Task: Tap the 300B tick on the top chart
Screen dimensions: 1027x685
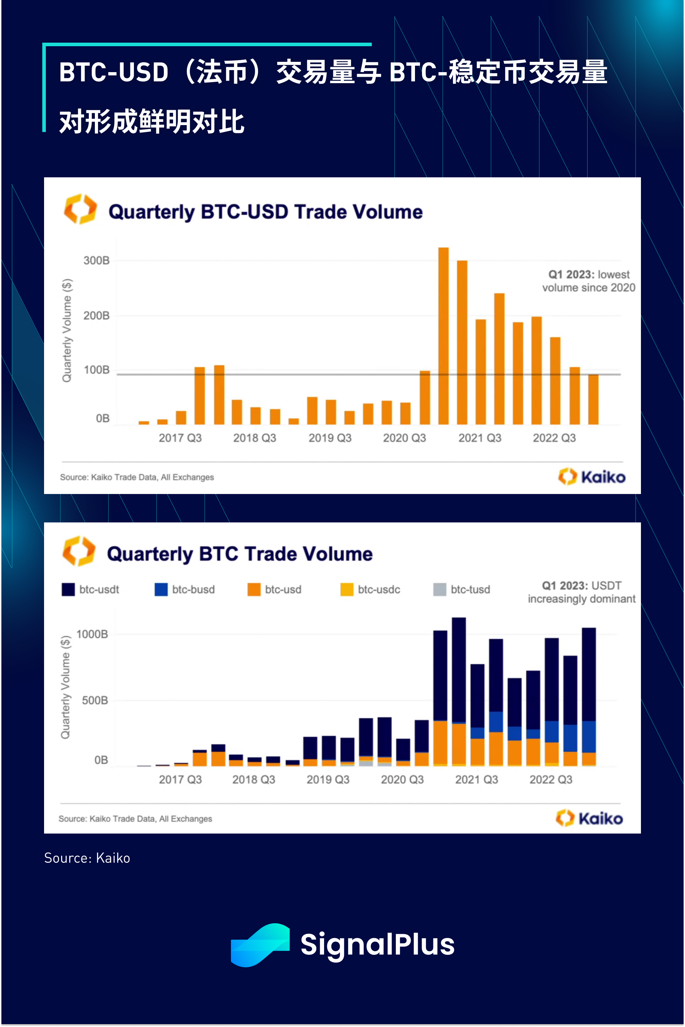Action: coord(97,261)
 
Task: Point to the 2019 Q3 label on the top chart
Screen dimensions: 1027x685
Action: coord(330,438)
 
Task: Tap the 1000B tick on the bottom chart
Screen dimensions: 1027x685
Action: coord(92,634)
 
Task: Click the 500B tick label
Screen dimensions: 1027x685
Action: coord(95,701)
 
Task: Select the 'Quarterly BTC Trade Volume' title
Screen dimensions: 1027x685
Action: coord(239,554)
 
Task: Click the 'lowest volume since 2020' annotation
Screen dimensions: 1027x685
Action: coord(588,281)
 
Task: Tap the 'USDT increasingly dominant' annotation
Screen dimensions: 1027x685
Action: coord(582,592)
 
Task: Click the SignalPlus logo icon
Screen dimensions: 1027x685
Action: coord(260,945)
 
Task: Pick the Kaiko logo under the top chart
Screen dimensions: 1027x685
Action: coord(592,477)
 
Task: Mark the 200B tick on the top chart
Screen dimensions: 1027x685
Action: coord(97,316)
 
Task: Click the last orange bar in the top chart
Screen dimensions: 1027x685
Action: coord(593,399)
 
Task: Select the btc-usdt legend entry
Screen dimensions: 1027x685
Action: coord(91,590)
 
